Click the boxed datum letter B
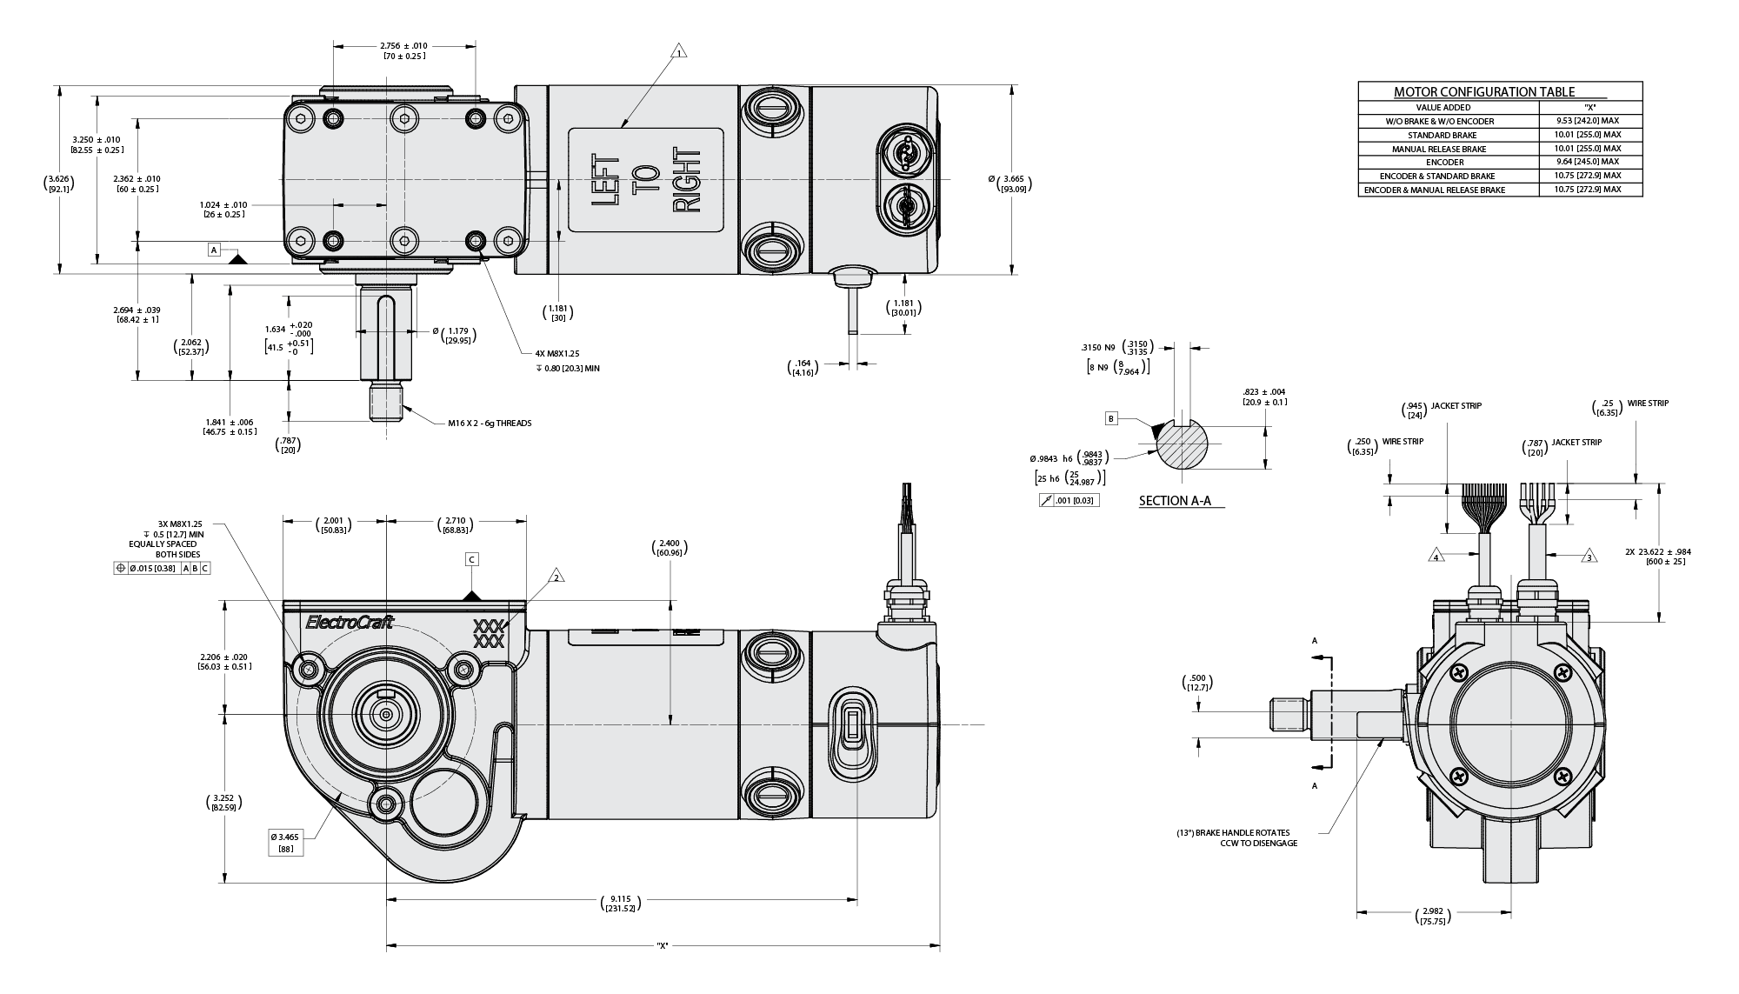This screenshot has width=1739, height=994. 1111,418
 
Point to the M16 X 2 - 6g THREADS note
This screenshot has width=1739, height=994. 490,424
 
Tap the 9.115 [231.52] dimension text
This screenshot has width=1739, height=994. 620,903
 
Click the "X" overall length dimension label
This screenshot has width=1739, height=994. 663,946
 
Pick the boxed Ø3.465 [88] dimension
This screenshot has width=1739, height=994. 286,842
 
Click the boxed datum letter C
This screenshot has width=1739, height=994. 472,559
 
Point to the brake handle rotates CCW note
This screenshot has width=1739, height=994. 1236,837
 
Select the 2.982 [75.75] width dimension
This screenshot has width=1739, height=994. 1434,917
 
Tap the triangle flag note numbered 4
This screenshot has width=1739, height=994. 1436,555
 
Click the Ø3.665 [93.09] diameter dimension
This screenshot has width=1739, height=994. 1011,183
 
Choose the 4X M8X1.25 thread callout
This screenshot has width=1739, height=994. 558,354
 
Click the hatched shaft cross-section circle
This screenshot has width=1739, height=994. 1183,444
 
